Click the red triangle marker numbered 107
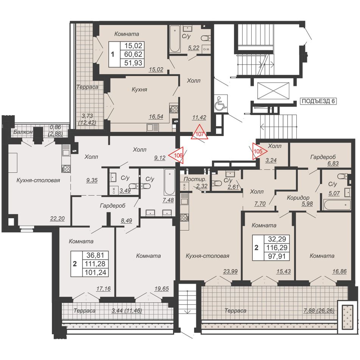(200, 133)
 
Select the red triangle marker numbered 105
(258, 151)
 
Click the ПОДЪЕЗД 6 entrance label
(318, 101)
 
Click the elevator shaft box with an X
(273, 91)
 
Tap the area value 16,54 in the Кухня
(156, 117)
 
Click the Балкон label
(23, 132)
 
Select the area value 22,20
(57, 219)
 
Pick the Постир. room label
(195, 180)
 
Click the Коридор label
(298, 197)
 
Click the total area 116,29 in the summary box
(277, 248)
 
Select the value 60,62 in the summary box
(133, 54)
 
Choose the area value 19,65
(162, 289)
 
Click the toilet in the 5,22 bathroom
(206, 38)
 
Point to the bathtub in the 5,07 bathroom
(337, 205)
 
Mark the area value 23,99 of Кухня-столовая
(230, 272)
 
